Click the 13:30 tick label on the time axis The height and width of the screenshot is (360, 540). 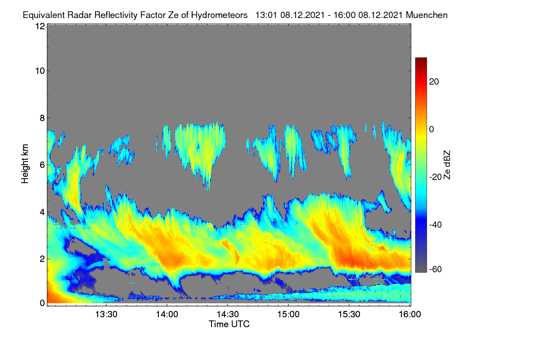[x=106, y=315]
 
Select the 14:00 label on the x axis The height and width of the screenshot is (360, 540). [x=167, y=315]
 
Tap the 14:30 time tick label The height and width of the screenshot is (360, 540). [x=228, y=315]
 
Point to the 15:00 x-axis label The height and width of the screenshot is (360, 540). [x=288, y=315]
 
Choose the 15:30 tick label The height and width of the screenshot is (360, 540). [x=349, y=315]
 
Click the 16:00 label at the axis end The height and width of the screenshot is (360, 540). [x=410, y=315]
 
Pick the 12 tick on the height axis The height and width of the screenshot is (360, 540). [x=40, y=26]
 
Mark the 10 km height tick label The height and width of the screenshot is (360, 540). [x=40, y=71]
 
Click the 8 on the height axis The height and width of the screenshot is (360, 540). [x=42, y=118]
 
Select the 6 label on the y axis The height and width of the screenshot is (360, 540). [x=42, y=165]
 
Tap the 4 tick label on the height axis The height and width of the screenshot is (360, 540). [x=42, y=212]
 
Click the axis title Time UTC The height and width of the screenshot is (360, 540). [x=229, y=324]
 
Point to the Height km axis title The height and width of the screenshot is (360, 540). [x=25, y=164]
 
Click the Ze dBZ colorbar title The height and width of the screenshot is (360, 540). [x=447, y=165]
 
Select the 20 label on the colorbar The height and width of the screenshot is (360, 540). [x=434, y=82]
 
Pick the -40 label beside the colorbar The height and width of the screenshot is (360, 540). [x=436, y=225]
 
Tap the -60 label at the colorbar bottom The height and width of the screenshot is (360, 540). [x=436, y=270]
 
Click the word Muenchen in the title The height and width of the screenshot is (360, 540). [x=427, y=15]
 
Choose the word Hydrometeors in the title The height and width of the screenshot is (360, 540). [x=219, y=15]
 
